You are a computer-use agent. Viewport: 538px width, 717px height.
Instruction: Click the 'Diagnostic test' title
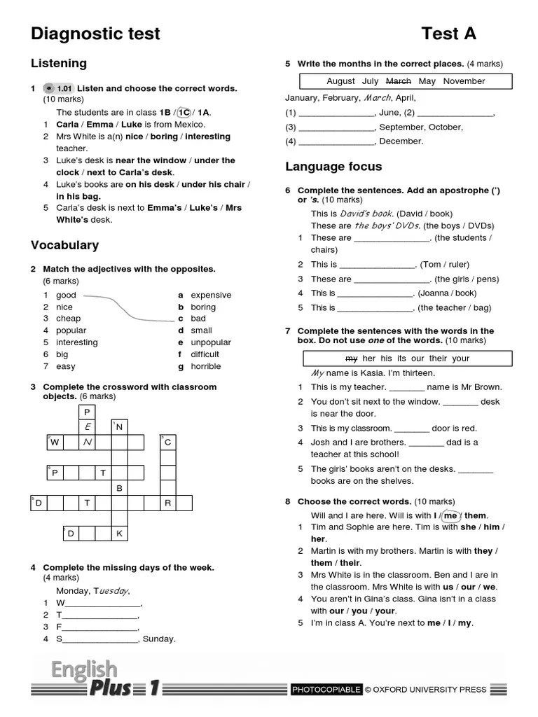(x=95, y=34)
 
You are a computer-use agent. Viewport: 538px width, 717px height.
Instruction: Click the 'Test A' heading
(x=448, y=34)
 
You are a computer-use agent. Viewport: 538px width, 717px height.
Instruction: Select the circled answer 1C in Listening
(x=184, y=112)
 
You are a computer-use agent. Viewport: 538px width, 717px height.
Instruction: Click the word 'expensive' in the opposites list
(x=211, y=295)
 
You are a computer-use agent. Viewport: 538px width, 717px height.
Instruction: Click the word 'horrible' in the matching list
(x=205, y=366)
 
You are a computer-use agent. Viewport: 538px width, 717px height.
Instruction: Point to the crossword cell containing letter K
(x=119, y=534)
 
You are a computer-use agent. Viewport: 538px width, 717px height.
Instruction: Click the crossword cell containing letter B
(x=119, y=488)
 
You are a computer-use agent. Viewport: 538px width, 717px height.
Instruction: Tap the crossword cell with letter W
(x=55, y=442)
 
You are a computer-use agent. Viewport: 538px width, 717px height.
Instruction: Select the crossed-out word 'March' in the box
(x=399, y=81)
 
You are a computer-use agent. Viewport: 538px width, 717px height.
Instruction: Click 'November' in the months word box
(x=464, y=81)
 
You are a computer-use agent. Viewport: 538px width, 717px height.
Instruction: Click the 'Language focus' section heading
(x=333, y=167)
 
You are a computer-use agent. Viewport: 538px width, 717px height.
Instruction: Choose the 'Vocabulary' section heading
(x=64, y=245)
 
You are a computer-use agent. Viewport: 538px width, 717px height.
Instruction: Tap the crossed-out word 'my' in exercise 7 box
(x=352, y=358)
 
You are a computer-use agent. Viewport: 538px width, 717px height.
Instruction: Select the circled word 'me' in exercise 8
(x=450, y=515)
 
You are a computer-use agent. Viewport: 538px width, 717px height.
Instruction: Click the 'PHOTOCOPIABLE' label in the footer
(x=326, y=690)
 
